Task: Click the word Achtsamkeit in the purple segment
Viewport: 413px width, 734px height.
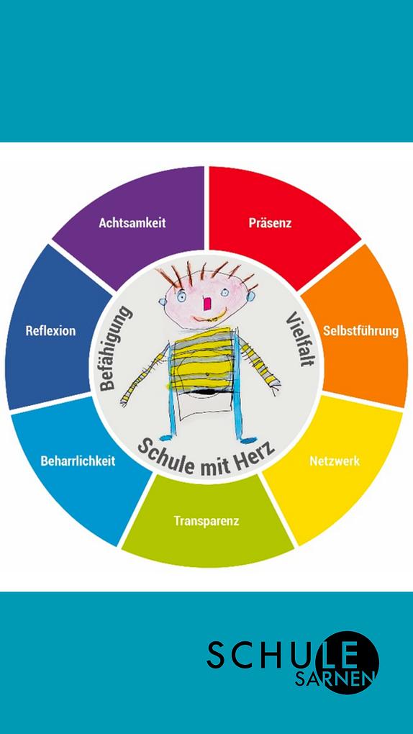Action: click(132, 223)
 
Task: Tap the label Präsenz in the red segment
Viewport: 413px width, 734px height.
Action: click(271, 223)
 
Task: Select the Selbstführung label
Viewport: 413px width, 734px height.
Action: click(361, 331)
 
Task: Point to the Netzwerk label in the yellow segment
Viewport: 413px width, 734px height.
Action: click(335, 461)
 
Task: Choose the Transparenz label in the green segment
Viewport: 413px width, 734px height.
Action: click(206, 520)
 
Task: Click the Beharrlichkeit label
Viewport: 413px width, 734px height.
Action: click(78, 461)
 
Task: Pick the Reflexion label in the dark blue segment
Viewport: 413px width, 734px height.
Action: click(50, 331)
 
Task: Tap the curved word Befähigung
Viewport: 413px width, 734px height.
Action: click(114, 348)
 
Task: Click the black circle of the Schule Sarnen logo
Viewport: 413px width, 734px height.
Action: click(347, 662)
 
